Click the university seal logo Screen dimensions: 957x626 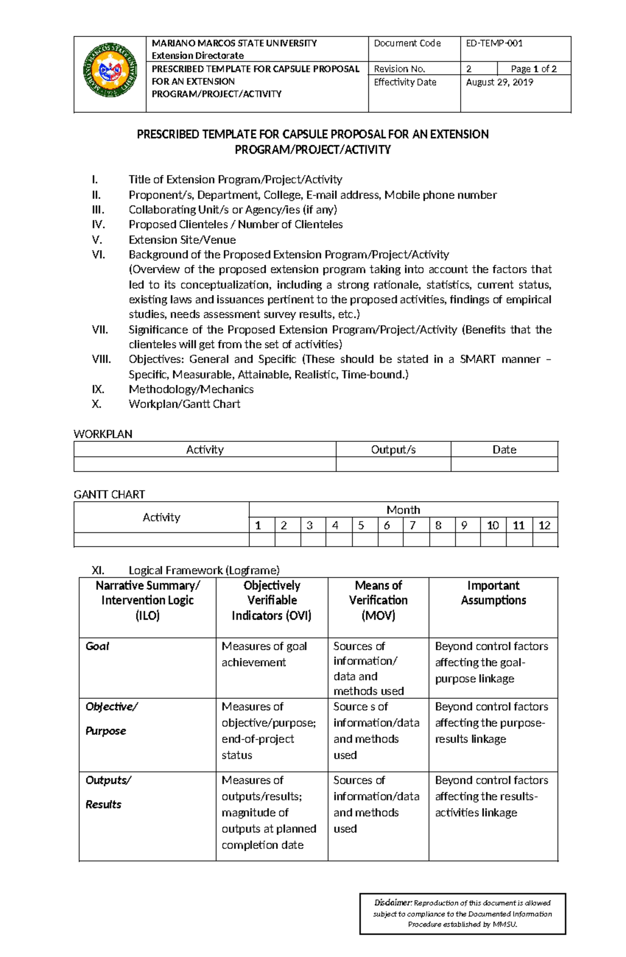(111, 70)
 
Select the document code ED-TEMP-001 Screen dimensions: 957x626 (493, 43)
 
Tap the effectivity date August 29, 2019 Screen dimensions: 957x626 (499, 82)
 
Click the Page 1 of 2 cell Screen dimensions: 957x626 (533, 69)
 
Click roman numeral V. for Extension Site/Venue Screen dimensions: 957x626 (97, 240)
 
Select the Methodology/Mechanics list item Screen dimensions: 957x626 (191, 389)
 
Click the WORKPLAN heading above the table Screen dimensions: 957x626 (103, 434)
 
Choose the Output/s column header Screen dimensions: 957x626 (393, 450)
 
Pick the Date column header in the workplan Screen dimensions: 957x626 (504, 450)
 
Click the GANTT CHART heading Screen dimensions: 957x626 (109, 494)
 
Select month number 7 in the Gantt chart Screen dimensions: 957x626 (412, 525)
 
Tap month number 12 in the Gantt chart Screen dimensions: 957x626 (544, 525)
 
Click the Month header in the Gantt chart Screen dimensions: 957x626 (403, 510)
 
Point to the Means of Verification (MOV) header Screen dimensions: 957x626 (378, 600)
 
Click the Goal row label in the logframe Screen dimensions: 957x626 (97, 646)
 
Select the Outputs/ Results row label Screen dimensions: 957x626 (107, 792)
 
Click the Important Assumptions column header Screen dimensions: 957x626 (493, 593)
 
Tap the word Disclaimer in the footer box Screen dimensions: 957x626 (393, 903)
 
